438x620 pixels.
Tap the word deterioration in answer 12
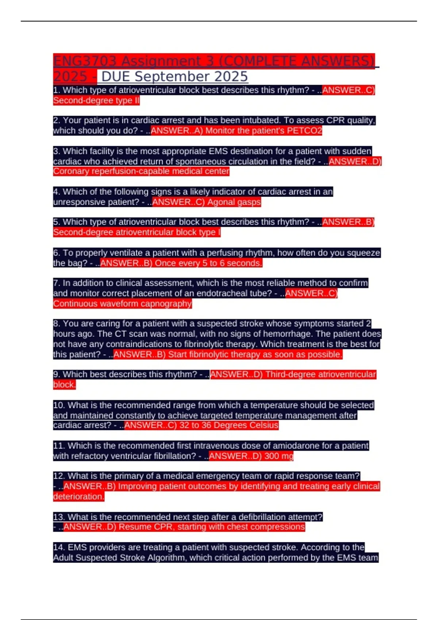(x=78, y=496)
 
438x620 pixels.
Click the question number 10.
(x=59, y=405)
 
